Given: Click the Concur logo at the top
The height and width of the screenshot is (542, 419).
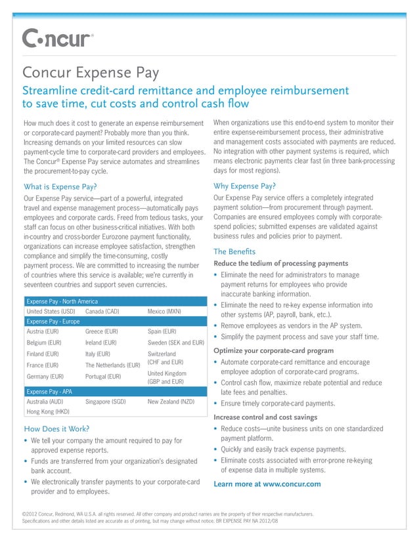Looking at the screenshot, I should point(58,39).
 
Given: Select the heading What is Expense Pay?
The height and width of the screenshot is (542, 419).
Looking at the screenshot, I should point(60,186).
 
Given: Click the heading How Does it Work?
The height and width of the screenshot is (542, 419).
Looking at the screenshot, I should point(56,429).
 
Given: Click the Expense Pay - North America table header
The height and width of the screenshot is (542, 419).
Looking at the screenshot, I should point(60,300).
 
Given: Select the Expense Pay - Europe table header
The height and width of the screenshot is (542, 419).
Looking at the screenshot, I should point(52,321).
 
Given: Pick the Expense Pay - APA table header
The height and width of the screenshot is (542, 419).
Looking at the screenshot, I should point(49,390).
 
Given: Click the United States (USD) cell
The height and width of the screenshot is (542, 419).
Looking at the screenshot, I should point(50,310).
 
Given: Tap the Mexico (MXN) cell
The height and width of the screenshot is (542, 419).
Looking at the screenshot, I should point(165,310).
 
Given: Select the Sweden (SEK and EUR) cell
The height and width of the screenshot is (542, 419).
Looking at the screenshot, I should point(176,343).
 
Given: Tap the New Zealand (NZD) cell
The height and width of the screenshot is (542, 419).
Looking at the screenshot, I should point(171,400).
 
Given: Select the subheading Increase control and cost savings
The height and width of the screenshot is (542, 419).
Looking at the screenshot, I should point(265,417).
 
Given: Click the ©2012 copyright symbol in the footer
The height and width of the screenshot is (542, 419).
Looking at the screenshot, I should point(25,514).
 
